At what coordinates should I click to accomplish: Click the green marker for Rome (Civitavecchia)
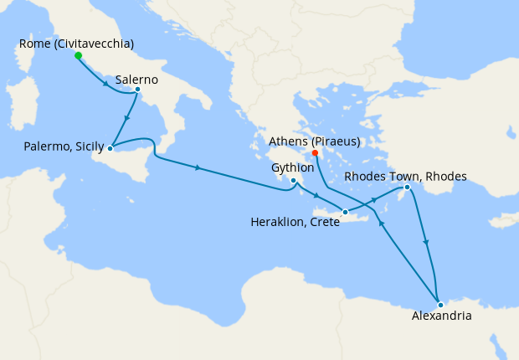[x=78, y=56]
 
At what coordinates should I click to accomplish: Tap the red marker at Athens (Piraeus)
[x=315, y=153]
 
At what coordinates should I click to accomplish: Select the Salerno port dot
[x=137, y=89]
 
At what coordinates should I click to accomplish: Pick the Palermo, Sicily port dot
[x=110, y=149]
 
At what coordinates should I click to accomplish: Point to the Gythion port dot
[x=293, y=180]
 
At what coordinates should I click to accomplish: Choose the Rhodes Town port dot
[x=408, y=188]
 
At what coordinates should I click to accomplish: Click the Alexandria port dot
[x=440, y=304]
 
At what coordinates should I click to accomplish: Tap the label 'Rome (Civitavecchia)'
[x=76, y=44]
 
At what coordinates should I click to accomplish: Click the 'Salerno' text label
[x=139, y=78]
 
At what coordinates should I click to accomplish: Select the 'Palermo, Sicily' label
[x=59, y=148]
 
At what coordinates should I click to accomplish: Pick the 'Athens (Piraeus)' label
[x=314, y=140]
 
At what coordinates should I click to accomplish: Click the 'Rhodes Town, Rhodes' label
[x=406, y=176]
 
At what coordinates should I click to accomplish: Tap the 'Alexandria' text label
[x=442, y=316]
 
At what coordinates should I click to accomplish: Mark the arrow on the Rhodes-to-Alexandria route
[x=427, y=243]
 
